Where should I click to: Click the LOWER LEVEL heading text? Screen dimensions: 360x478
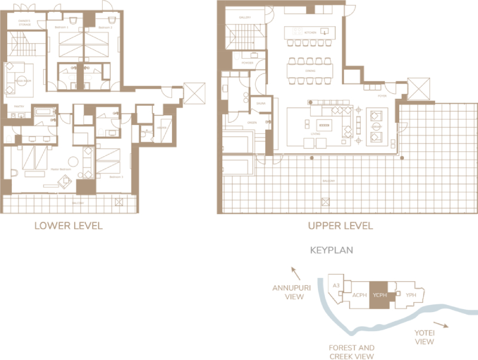68,225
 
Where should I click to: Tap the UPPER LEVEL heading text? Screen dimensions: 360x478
340,225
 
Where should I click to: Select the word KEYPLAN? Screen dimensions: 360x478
332,251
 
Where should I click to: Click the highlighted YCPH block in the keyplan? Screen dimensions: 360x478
378,295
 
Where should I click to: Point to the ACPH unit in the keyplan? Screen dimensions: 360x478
359,295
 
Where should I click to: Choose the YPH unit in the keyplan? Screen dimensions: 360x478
410,295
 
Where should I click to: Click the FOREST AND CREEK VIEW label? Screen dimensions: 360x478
351,352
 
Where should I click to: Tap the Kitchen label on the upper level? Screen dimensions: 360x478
310,32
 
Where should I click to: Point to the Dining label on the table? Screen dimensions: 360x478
310,71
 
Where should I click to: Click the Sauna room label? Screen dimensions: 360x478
261,103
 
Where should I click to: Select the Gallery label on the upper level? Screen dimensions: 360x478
245,18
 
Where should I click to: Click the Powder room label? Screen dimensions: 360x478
247,62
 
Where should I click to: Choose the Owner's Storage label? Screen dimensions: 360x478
24,23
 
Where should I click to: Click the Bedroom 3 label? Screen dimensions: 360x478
116,178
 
